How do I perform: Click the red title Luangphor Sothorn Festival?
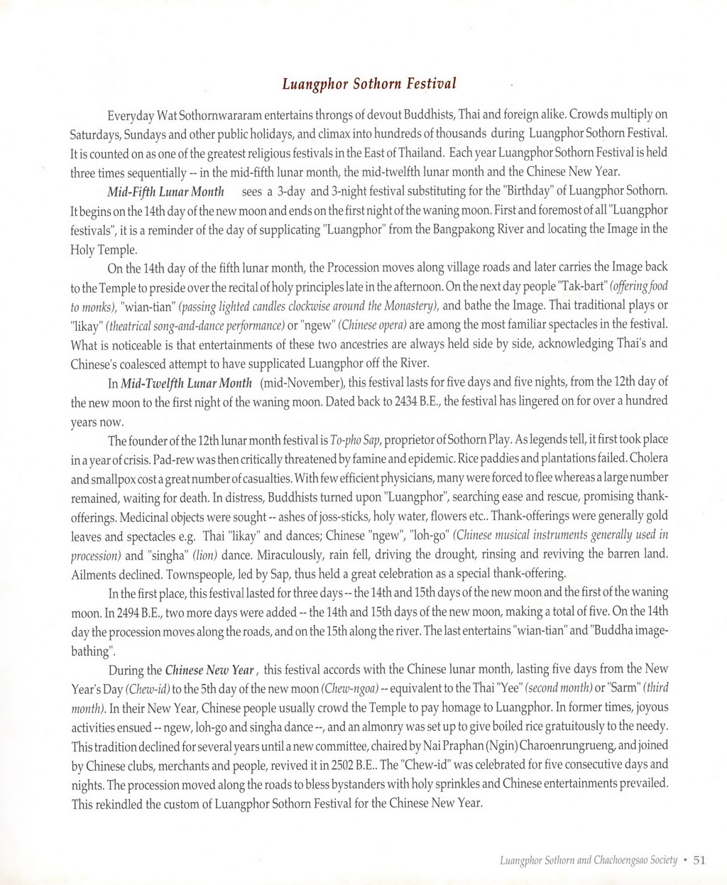pyautogui.click(x=368, y=84)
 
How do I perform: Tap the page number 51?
pyautogui.click(x=699, y=859)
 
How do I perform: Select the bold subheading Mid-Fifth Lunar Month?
pyautogui.click(x=165, y=192)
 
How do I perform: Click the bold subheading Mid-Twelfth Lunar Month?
pyautogui.click(x=187, y=384)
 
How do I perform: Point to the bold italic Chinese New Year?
pyautogui.click(x=209, y=670)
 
